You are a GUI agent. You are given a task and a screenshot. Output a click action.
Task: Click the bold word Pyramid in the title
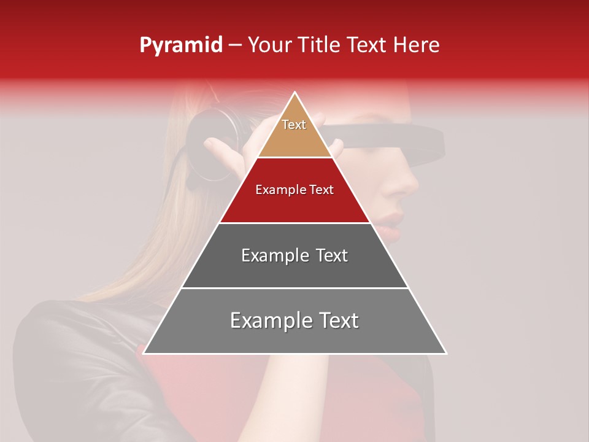pos(180,45)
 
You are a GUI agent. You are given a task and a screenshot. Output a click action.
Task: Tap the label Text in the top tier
pos(294,125)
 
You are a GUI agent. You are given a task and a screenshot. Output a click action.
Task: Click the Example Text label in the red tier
pos(294,190)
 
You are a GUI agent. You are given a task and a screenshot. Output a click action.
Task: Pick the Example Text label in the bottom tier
pos(294,320)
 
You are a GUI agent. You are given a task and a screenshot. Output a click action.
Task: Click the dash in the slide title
pos(235,45)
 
